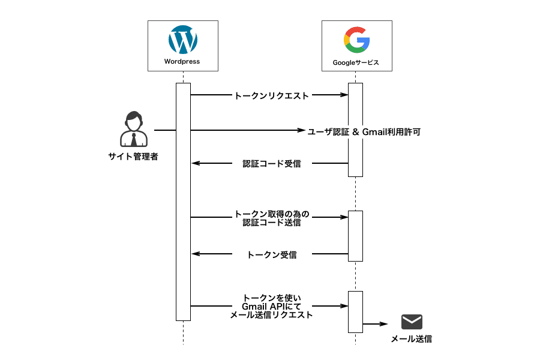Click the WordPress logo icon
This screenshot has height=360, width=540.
click(x=183, y=41)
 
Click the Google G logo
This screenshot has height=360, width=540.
click(x=356, y=41)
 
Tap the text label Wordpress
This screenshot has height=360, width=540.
click(x=182, y=62)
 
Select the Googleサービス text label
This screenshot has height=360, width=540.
click(x=356, y=62)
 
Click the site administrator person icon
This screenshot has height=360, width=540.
click(x=133, y=130)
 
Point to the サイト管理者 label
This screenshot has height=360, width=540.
click(x=133, y=157)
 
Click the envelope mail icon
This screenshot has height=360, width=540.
click(x=412, y=322)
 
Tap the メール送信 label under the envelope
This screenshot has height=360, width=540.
click(x=412, y=339)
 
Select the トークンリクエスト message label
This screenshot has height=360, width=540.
click(x=271, y=95)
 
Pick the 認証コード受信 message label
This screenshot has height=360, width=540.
click(x=271, y=163)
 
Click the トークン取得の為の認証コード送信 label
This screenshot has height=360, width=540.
click(x=271, y=218)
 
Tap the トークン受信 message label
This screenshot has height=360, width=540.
click(x=271, y=254)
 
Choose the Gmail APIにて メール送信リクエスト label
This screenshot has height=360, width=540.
click(x=271, y=306)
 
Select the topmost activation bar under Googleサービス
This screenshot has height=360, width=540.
click(x=356, y=130)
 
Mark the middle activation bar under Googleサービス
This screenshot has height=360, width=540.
click(x=356, y=236)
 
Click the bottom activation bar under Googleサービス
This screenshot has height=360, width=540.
click(x=356, y=311)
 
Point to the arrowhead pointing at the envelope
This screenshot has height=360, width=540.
click(x=386, y=324)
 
